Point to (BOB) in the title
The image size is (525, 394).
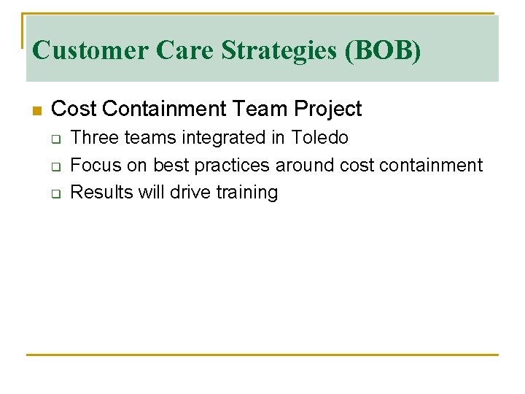tap(386, 50)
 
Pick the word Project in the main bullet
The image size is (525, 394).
tap(328, 109)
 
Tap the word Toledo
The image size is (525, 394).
tap(320, 137)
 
